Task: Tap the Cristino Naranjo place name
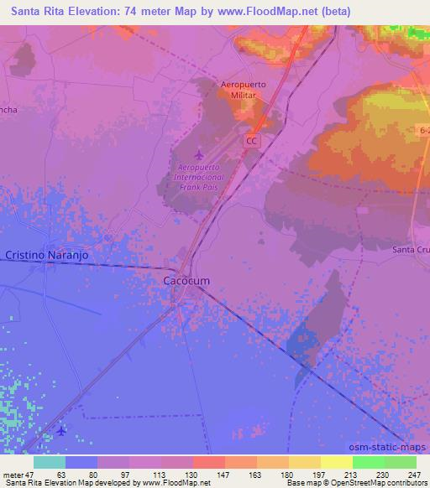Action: coord(47,254)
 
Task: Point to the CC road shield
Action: coord(252,142)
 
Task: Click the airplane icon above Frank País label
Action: coord(198,155)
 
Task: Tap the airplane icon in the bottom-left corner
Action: coord(61,432)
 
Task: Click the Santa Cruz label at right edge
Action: coord(412,250)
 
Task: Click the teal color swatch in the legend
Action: coord(50,462)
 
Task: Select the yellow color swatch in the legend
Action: coord(336,462)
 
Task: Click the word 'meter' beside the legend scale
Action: coord(13,474)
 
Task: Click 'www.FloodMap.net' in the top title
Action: coord(261,11)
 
